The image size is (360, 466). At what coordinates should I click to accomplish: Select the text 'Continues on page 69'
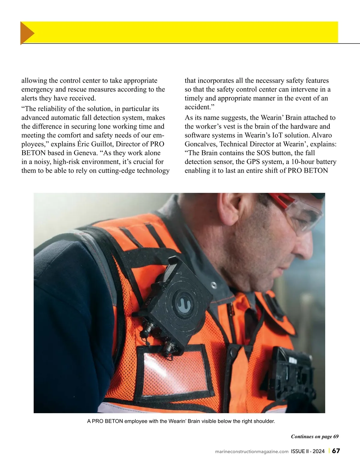(x=315, y=436)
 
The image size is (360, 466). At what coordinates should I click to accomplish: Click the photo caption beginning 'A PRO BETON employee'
(x=181, y=421)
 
